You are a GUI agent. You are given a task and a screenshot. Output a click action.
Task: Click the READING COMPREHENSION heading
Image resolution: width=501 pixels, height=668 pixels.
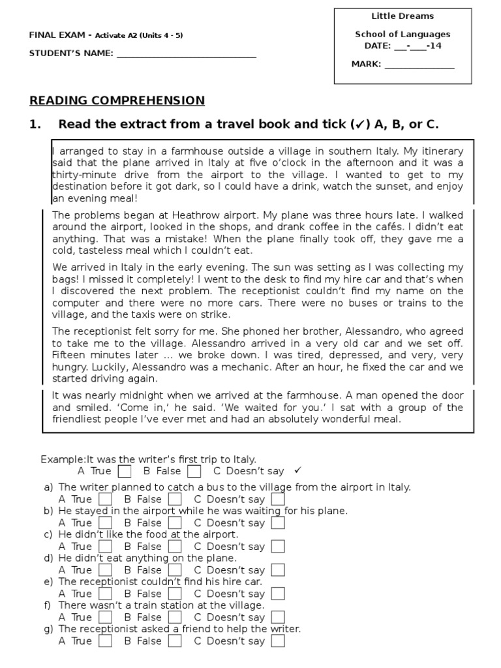[x=117, y=100]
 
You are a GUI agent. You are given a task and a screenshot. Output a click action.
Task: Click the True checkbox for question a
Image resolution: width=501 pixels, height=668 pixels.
[x=105, y=500]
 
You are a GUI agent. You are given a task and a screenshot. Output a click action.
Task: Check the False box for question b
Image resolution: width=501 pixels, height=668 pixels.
[x=174, y=523]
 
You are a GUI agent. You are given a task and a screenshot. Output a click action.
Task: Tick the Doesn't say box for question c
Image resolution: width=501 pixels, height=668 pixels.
[x=278, y=547]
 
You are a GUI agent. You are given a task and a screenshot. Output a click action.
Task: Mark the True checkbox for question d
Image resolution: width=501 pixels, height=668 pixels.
[x=105, y=570]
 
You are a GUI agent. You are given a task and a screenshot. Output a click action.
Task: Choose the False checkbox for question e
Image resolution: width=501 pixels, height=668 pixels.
[x=174, y=594]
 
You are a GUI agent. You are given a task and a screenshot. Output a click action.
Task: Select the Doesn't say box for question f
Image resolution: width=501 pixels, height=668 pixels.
[x=278, y=617]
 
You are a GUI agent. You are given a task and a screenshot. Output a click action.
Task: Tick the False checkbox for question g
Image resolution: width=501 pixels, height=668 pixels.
[x=174, y=641]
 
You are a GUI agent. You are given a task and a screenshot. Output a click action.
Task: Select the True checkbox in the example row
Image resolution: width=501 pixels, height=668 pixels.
[x=125, y=471]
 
